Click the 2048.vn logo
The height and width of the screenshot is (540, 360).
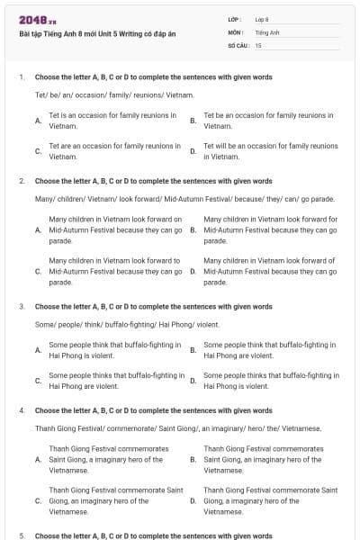32,21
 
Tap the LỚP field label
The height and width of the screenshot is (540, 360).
235,19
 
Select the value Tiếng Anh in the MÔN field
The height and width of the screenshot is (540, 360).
267,31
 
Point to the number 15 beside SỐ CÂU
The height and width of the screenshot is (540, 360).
258,44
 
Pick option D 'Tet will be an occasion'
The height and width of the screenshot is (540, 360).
271,150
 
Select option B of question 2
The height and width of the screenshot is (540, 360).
271,229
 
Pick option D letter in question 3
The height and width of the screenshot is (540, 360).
193,380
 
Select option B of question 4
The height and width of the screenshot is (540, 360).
270,458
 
